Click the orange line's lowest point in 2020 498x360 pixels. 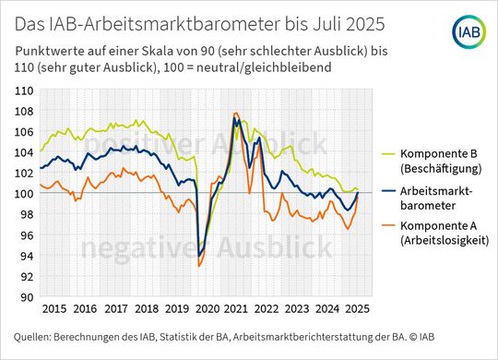(x=199, y=266)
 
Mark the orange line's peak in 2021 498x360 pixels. (x=236, y=113)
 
